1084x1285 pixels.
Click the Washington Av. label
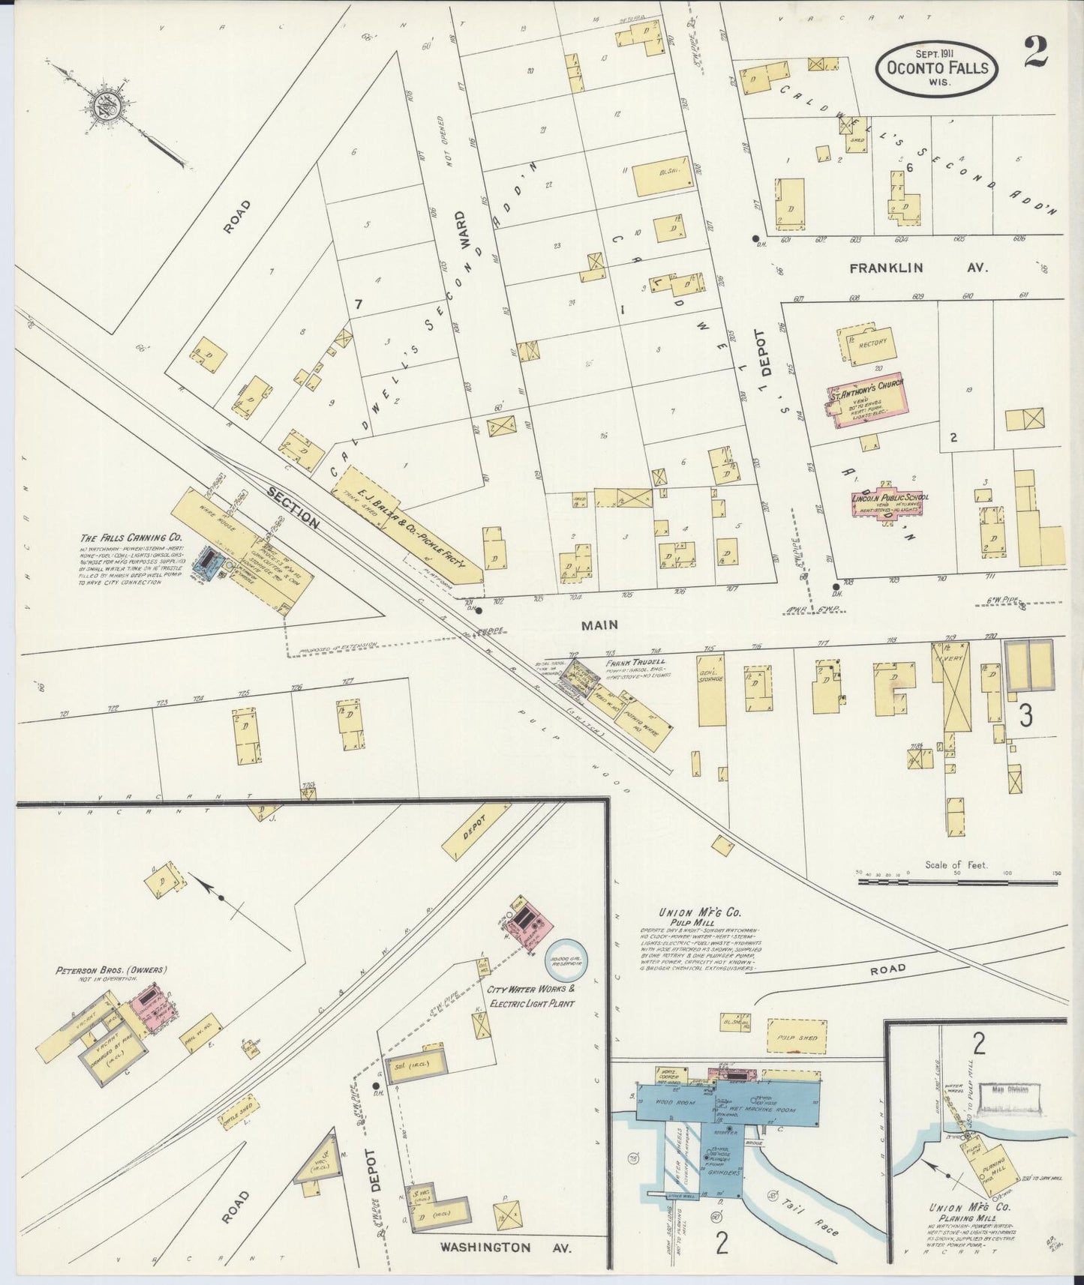(506, 1248)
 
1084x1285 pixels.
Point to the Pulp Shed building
(797, 1038)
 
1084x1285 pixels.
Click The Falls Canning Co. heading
(131, 538)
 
